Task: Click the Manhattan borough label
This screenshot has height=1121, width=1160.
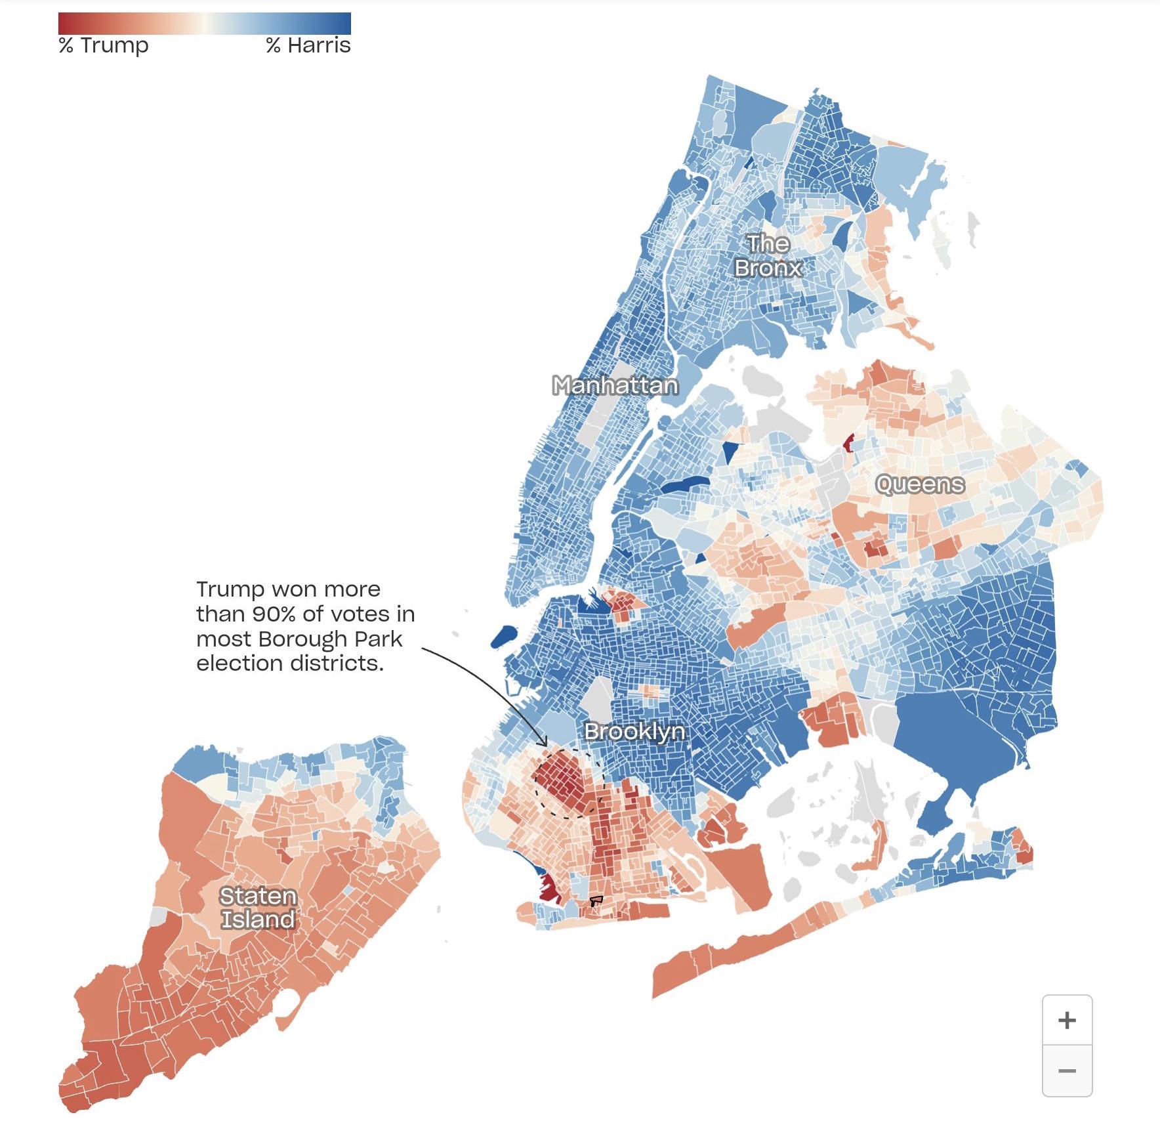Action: coord(615,385)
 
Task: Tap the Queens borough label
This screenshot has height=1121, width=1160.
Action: coord(920,484)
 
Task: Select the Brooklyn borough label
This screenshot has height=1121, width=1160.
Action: coord(634,731)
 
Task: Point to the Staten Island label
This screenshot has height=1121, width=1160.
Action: coord(257,908)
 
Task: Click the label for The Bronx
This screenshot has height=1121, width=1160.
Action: coord(768,256)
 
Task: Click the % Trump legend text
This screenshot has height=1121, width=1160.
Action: coord(104,45)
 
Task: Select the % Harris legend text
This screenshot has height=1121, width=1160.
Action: coord(308,45)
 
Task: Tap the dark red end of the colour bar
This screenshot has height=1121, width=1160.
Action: coord(64,24)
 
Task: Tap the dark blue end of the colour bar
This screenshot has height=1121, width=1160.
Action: coord(345,24)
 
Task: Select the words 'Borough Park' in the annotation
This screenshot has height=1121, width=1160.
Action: coord(330,639)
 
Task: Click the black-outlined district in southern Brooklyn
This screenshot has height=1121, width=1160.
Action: coord(596,900)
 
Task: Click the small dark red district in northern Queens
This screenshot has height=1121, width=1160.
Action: coord(848,444)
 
